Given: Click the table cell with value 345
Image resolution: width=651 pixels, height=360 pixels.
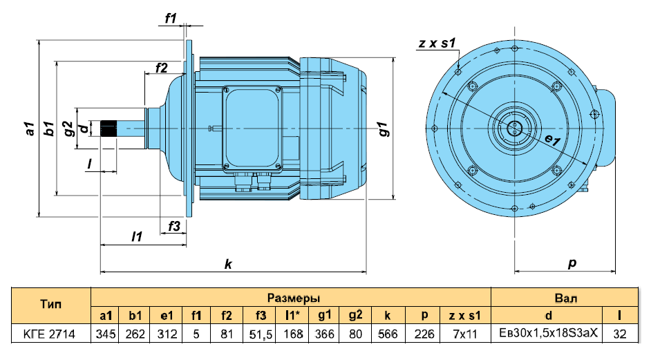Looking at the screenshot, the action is tap(105, 334).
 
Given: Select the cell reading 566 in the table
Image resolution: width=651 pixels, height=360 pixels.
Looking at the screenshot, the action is tap(388, 334).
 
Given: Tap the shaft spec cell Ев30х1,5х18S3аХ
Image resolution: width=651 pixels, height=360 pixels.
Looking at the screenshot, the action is tap(548, 333).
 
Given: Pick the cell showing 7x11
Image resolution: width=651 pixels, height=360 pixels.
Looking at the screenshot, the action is tap(465, 334).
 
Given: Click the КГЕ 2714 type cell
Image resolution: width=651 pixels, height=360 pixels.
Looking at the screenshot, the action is tap(50, 334).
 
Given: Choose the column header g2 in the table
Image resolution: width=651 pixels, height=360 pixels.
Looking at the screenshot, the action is tap(355, 316).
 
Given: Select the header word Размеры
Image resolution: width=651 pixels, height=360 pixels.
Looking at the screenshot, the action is tap(294, 298).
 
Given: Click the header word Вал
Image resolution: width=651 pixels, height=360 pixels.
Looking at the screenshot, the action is tap(566, 298).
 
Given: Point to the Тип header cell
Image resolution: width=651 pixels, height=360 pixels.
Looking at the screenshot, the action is tap(50, 305).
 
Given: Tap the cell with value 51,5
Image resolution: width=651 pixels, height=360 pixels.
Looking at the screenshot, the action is tap(261, 334).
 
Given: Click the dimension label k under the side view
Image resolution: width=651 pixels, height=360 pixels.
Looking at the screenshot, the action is tap(228, 264).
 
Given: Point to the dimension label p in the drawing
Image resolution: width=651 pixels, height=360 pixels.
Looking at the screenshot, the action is tap(572, 263).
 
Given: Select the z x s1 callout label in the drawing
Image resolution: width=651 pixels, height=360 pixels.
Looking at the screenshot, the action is tap(437, 43).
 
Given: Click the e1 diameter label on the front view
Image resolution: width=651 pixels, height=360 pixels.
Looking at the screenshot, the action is tap(553, 140).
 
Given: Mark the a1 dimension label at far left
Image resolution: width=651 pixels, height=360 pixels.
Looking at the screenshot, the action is tap(29, 129).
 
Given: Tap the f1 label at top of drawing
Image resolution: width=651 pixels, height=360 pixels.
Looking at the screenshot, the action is tap(171, 18).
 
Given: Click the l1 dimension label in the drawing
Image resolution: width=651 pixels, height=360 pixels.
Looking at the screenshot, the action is tap(137, 236).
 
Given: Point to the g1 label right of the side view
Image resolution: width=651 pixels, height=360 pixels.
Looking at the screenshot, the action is tap(384, 129).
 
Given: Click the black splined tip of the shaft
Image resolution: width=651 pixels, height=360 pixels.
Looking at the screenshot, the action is tap(108, 129).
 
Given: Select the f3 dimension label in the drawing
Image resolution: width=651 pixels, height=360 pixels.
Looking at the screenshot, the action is tap(174, 227).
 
